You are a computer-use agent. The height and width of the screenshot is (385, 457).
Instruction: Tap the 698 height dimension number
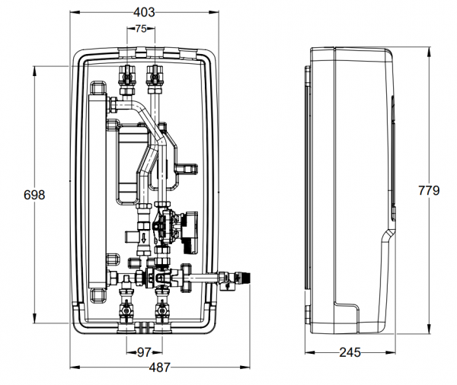pyautogui.click(x=34, y=195)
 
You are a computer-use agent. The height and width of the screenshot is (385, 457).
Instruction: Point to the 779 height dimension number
pyautogui.click(x=429, y=190)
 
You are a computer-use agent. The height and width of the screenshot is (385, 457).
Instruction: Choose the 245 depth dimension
pyautogui.click(x=350, y=352)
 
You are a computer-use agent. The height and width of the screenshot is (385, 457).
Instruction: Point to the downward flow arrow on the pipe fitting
pyautogui.click(x=142, y=237)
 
